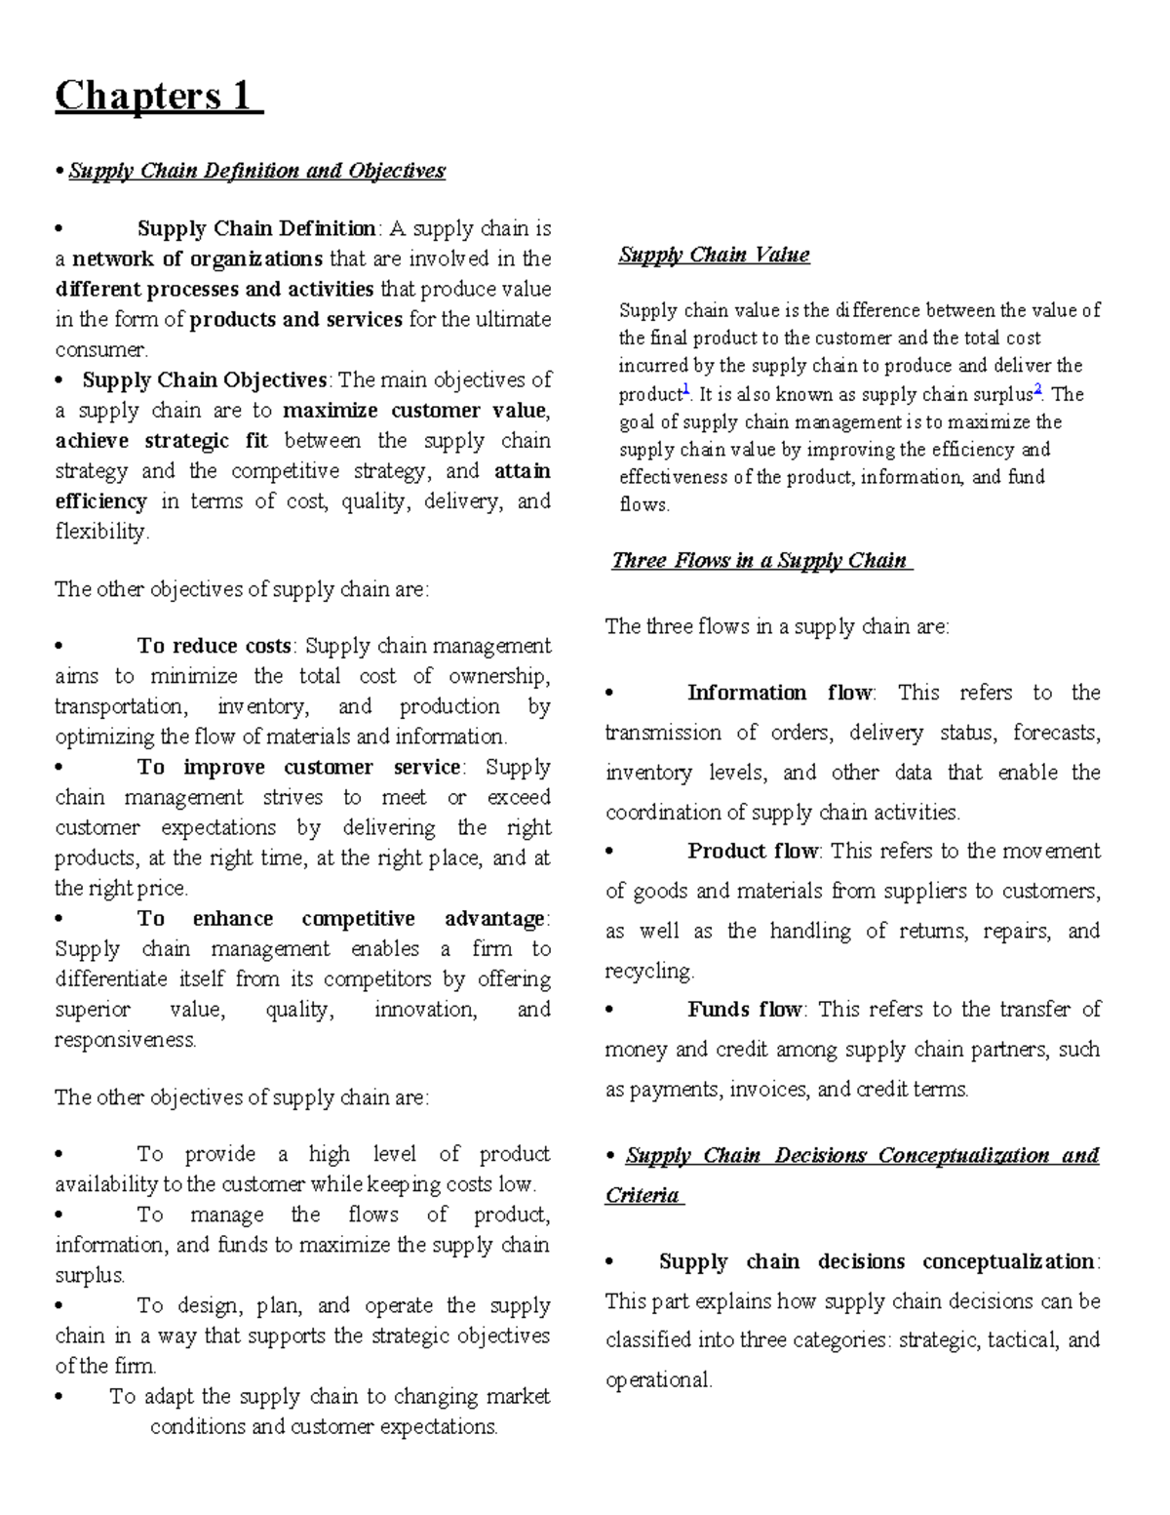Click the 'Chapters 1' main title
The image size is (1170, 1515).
point(156,96)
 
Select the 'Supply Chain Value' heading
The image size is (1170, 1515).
point(714,255)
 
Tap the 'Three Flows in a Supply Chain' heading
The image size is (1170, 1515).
point(760,560)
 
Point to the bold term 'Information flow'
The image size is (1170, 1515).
point(780,693)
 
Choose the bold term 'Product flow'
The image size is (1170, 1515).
point(753,851)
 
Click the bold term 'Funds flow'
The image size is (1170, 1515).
point(745,1009)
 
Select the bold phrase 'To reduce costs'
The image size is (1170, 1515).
point(214,646)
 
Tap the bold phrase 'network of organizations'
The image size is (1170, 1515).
point(197,259)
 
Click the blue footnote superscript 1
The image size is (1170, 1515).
point(685,388)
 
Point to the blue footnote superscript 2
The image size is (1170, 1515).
point(1037,388)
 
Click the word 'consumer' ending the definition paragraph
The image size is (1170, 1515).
point(100,349)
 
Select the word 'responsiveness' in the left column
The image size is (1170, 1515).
point(125,1040)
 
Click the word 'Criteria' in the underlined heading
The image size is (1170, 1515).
point(642,1195)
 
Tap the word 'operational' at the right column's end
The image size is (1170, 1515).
point(658,1380)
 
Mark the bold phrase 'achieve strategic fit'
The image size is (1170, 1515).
point(162,440)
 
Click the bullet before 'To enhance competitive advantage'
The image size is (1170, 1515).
point(60,919)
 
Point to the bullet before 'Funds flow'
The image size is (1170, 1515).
point(610,1011)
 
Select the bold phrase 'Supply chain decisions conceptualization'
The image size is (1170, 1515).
point(877,1261)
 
